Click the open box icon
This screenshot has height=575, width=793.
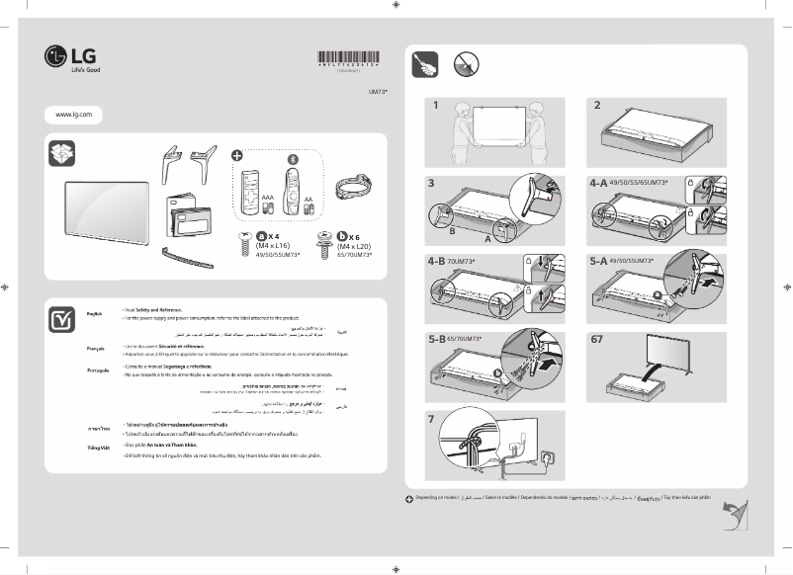pos(61,156)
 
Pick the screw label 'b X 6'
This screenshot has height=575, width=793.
pos(351,235)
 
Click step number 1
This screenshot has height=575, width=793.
pos(432,105)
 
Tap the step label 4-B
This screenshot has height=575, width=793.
pos(437,261)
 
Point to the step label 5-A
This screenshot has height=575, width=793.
pos(599,261)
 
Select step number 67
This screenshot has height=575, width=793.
pos(597,339)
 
